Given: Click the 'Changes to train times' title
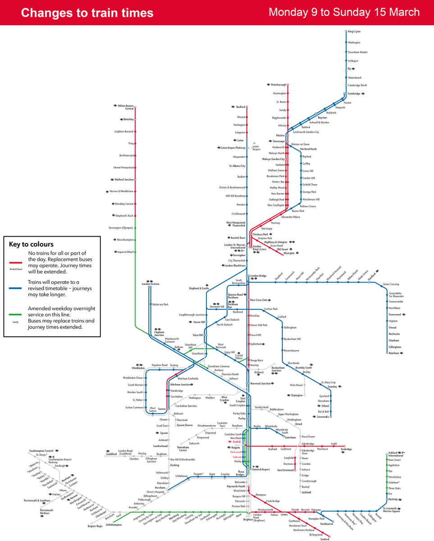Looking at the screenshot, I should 87,13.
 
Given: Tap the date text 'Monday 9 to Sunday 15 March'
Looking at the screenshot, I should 344,12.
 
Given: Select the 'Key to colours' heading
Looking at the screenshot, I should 31,244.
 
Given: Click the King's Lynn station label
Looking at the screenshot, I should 354,32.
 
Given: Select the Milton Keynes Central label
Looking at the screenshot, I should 126,107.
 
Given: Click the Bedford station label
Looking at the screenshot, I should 241,107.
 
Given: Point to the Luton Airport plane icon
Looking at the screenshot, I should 255,143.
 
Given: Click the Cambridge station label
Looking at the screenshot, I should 354,93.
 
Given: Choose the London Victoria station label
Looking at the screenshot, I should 151,284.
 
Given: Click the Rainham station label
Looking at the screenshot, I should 394,353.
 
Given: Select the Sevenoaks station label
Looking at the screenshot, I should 322,417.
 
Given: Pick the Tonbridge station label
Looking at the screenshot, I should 346,449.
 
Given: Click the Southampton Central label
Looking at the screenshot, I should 41,451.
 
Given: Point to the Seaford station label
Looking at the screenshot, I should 325,539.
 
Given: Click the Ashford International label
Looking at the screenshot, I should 396,454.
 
